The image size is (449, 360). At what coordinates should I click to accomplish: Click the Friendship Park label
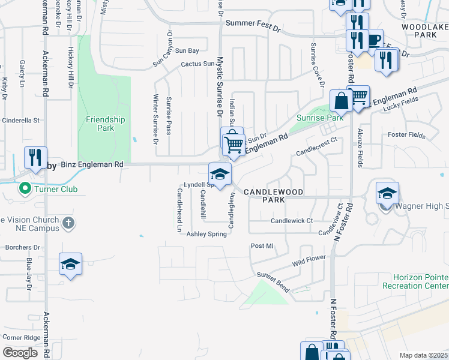pyautogui.click(x=105, y=124)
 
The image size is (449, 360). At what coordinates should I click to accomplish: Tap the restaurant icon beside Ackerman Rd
pyautogui.click(x=35, y=157)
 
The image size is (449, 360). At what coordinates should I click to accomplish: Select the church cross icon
pyautogui.click(x=69, y=223)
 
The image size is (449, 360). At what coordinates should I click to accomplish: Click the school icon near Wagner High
pyautogui.click(x=387, y=193)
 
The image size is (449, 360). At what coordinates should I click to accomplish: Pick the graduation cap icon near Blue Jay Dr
pyautogui.click(x=70, y=264)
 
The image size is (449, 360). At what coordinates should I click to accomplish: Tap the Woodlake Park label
pyautogui.click(x=430, y=31)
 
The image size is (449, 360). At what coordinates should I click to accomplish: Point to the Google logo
pyautogui.click(x=20, y=353)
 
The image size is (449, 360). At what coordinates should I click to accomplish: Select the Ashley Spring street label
pyautogui.click(x=207, y=234)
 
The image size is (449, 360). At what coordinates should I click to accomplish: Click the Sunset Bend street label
pyautogui.click(x=274, y=282)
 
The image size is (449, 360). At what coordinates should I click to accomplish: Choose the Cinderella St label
pyautogui.click(x=20, y=121)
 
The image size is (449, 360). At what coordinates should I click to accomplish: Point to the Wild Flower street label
pyautogui.click(x=309, y=260)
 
